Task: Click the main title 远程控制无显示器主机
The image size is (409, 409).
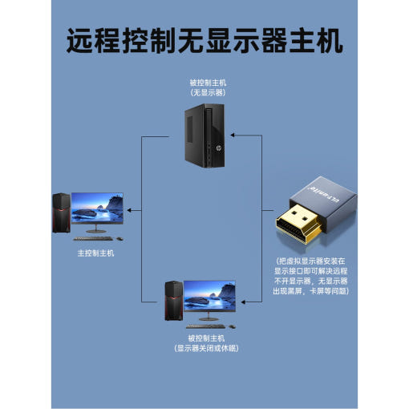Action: coord(204,41)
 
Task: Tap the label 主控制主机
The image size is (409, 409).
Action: coord(95,253)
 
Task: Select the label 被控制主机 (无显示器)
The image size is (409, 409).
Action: coord(208,87)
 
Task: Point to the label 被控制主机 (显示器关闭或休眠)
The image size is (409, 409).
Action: coord(206,343)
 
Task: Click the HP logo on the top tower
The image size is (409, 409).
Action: coord(218,148)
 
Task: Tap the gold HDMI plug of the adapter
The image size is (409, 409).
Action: coord(298,224)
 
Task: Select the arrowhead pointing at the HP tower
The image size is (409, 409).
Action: coord(233,135)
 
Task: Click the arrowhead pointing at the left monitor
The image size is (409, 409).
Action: coord(129,210)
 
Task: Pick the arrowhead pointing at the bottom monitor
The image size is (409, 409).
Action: coord(243,302)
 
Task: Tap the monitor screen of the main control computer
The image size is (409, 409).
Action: coord(97,209)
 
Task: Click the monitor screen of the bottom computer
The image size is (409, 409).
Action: coord(209,296)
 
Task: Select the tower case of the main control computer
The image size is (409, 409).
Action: coord(62,213)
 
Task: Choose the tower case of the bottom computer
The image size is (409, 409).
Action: coord(174,301)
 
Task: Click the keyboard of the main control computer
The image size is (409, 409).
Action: coord(93,238)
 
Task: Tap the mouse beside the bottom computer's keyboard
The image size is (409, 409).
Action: coord(232,326)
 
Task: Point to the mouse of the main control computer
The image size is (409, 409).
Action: coord(119,239)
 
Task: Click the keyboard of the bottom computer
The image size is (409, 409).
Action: coord(206,326)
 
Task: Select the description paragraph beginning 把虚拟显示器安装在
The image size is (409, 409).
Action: coord(310,276)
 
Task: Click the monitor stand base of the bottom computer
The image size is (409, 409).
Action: coord(209,319)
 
